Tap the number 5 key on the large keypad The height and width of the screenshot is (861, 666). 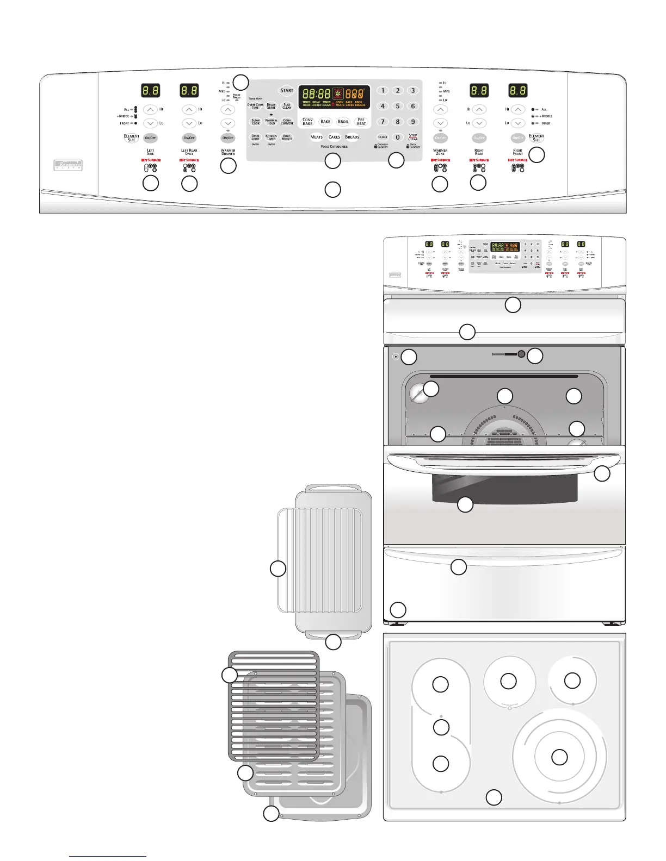pos(398,106)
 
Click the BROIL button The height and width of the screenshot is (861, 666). pos(343,122)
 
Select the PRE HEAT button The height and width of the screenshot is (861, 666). pos(361,122)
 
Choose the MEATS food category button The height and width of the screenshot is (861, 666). pos(316,137)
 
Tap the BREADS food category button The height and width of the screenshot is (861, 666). pos(352,137)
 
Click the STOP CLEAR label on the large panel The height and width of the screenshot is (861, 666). pos(413,137)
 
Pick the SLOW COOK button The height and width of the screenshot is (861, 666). pos(256,122)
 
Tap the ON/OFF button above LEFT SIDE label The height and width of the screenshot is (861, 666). pos(150,138)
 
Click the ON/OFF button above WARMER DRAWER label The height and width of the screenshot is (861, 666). pos(228,138)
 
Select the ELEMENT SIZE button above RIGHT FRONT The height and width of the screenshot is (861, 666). pos(536,138)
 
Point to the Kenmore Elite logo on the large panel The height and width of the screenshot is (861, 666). pos(68,165)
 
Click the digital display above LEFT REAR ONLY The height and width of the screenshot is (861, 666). pos(189,90)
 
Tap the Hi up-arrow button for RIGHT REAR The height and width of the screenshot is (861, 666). pos(479,109)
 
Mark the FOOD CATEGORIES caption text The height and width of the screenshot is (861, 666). pos(334,147)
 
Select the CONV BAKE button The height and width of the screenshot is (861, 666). pos(307,122)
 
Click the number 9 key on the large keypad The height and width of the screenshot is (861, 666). pos(413,122)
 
